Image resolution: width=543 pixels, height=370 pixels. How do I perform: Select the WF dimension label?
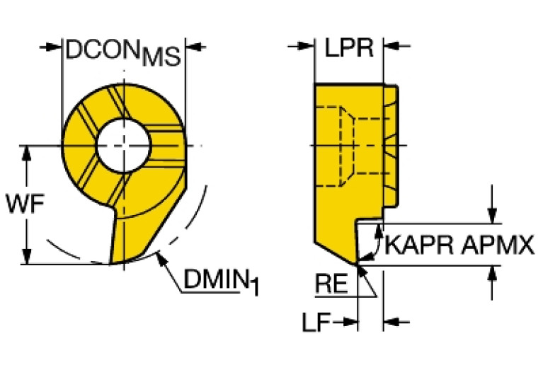[x=19, y=205]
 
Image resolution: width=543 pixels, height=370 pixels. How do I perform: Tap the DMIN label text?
[x=215, y=280]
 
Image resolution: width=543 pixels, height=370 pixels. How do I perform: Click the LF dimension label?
[x=314, y=323]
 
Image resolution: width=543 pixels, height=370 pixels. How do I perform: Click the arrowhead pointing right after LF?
[x=350, y=323]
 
